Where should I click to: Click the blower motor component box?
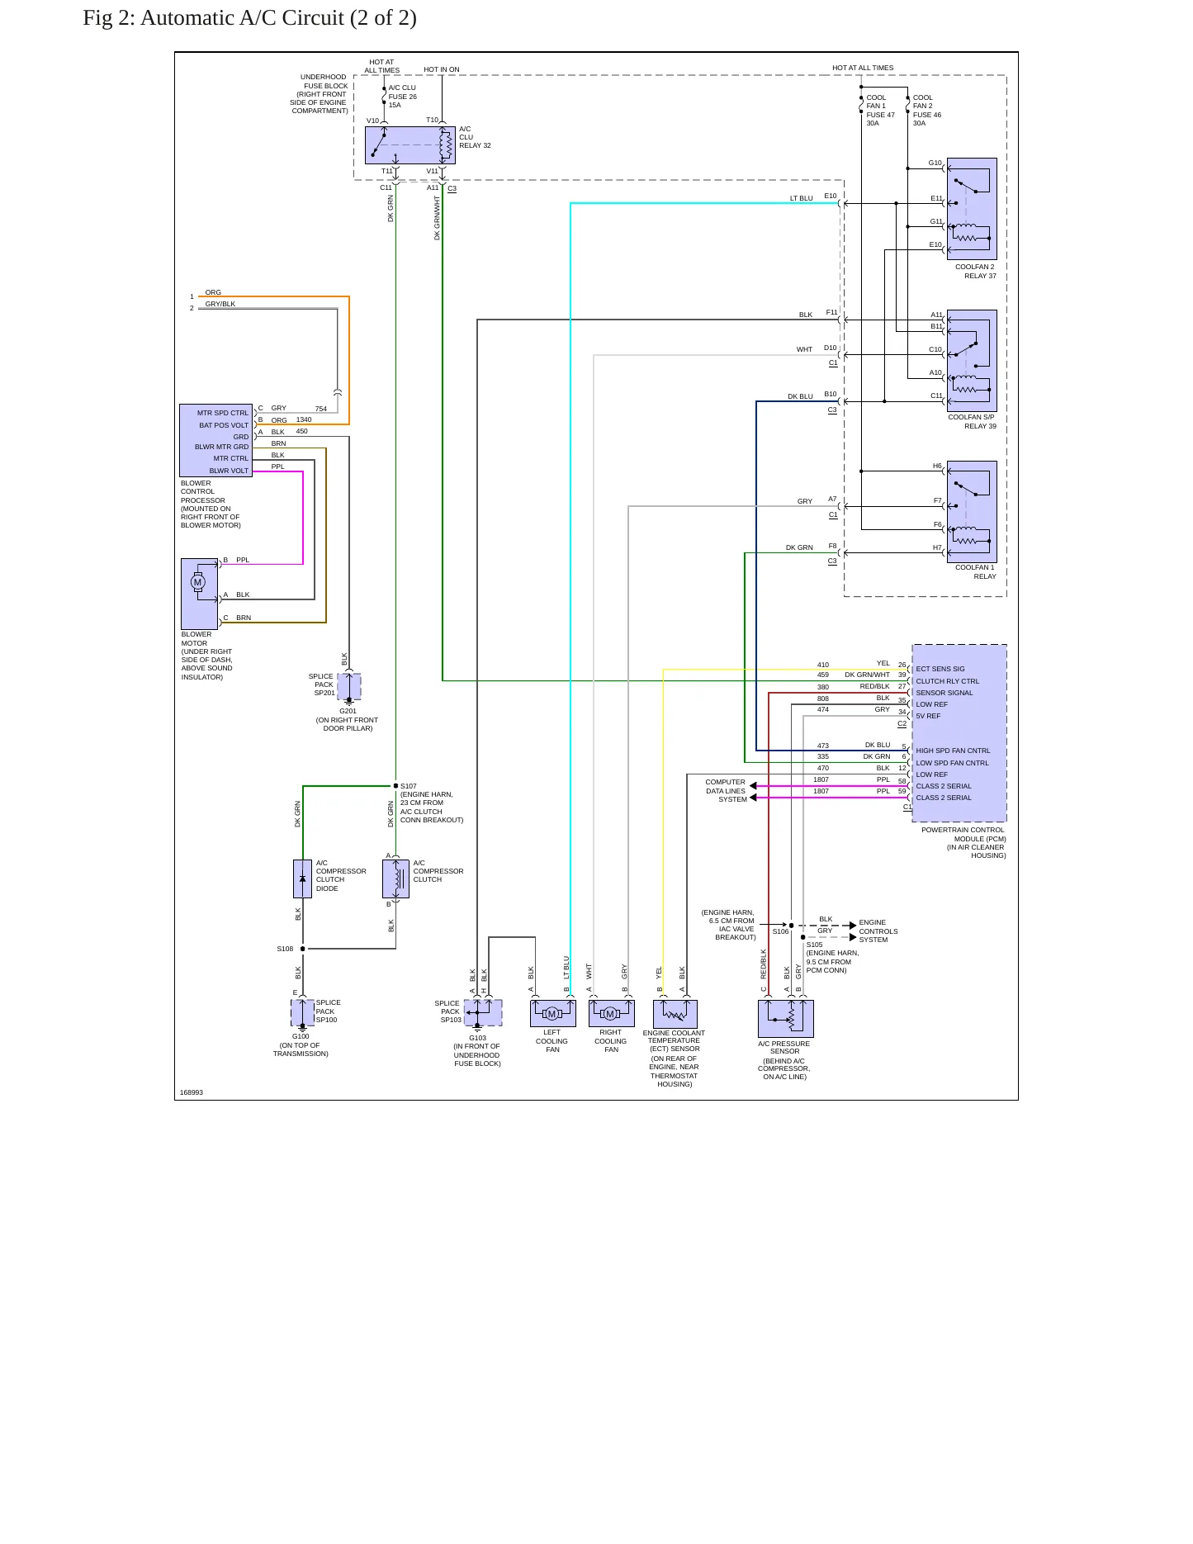click(200, 594)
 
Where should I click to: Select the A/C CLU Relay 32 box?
click(410, 145)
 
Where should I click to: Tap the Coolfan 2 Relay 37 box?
click(972, 209)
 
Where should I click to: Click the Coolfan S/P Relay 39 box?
click(972, 361)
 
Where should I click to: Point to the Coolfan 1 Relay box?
click(972, 512)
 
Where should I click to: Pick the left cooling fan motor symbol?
click(552, 1014)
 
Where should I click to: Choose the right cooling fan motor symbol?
click(611, 1014)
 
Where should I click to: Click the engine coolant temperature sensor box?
click(675, 1014)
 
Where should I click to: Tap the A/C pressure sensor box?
click(786, 1019)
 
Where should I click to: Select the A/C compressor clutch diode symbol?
click(302, 879)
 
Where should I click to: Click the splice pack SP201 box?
click(349, 686)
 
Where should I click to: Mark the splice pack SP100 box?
click(302, 1012)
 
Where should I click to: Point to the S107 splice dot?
click(395, 786)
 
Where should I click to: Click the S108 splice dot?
click(302, 949)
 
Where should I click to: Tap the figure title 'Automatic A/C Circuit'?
click(243, 18)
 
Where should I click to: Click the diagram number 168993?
click(192, 1092)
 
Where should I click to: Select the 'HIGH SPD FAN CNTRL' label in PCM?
click(953, 751)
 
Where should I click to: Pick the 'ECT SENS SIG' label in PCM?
click(940, 669)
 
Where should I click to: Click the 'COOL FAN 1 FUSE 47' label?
click(880, 107)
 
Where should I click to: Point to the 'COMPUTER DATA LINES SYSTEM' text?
click(726, 790)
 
